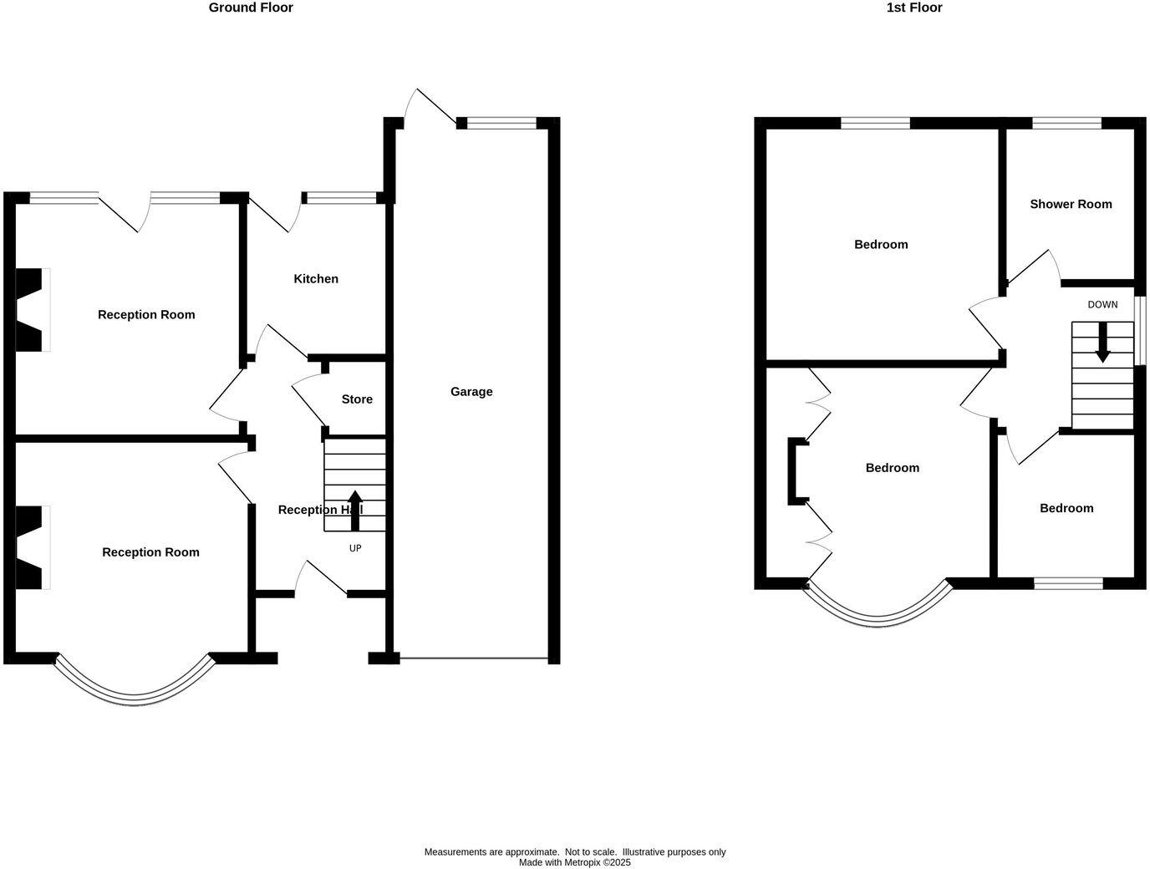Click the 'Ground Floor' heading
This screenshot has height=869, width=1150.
[x=251, y=8]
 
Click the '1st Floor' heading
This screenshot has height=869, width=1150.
[x=913, y=8]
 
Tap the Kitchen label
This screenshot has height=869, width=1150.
[x=316, y=279]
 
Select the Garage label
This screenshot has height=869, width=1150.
[x=471, y=392]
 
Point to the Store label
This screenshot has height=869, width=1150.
[x=357, y=399]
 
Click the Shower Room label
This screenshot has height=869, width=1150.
[x=1071, y=204]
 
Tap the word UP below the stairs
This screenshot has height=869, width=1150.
[x=355, y=548]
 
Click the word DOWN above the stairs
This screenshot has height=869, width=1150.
[x=1102, y=305]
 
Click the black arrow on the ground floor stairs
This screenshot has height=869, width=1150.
[x=355, y=510]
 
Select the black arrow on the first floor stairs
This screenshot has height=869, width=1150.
[x=1102, y=343]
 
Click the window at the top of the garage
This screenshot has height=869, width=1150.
[x=501, y=124]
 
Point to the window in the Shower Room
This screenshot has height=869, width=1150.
[x=1066, y=124]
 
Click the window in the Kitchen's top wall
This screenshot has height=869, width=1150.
[x=341, y=199]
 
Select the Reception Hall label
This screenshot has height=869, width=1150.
[x=320, y=510]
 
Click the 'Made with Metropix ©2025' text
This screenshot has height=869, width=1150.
[x=575, y=862]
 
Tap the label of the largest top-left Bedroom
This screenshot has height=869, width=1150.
[x=881, y=245]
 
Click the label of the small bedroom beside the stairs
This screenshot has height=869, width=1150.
[x=1066, y=508]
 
